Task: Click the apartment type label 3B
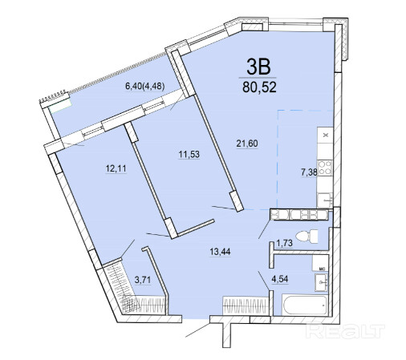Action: coord(258,67)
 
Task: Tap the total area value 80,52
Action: coord(259,87)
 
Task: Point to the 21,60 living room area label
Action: coord(247,144)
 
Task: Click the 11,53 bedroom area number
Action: coord(189,154)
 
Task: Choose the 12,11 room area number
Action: coord(116,168)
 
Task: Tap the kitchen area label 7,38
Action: coord(309,172)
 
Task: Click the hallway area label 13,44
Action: coord(220,252)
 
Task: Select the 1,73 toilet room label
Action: coord(284,243)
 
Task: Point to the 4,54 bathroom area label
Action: coord(280,279)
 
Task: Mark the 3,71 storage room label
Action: coord(143,280)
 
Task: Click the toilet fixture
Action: coord(307,236)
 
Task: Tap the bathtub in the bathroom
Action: coord(305,305)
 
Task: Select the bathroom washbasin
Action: coord(321,282)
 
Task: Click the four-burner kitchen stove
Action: coord(324,168)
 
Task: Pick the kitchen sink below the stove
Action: coord(325,200)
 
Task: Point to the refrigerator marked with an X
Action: coord(325,135)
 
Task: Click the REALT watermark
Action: coord(346,331)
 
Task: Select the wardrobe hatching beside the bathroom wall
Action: coord(246,305)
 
